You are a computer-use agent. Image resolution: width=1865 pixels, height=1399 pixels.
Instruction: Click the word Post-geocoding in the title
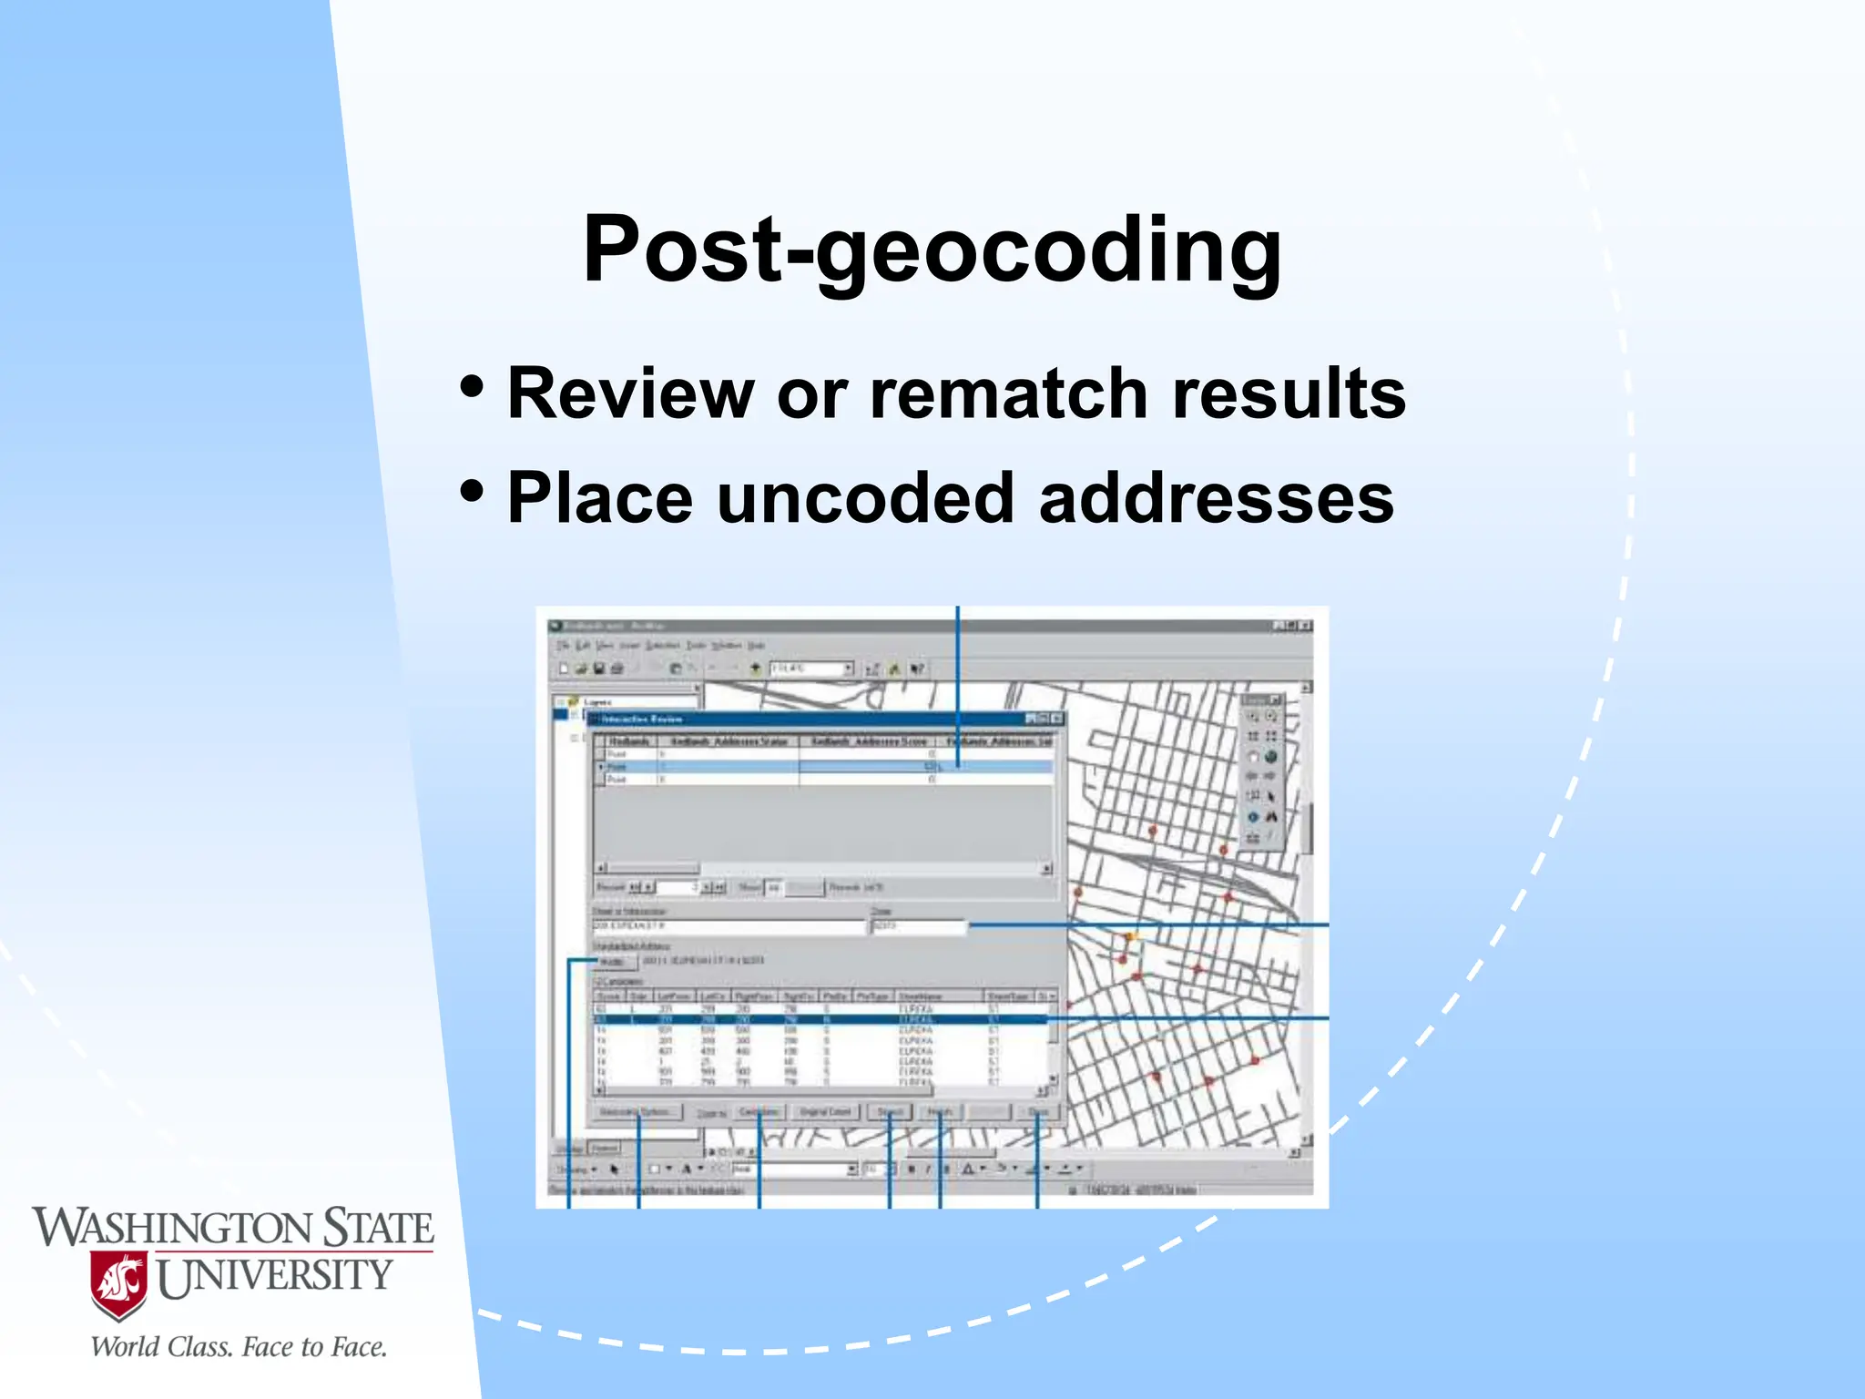click(932, 248)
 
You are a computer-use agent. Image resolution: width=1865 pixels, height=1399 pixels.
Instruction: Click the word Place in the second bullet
click(599, 498)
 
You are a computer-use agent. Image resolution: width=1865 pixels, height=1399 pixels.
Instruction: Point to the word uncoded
click(865, 498)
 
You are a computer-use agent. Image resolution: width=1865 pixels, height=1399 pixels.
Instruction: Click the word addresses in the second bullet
click(1216, 498)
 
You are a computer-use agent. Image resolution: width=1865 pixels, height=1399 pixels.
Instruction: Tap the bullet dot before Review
click(472, 386)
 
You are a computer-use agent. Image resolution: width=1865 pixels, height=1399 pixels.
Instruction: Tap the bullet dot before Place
click(472, 491)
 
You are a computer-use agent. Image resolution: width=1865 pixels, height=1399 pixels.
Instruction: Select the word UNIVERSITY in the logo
click(275, 1276)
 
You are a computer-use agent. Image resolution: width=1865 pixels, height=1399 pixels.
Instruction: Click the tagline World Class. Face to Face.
click(239, 1347)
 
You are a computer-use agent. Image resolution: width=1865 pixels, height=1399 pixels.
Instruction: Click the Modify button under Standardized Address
click(613, 962)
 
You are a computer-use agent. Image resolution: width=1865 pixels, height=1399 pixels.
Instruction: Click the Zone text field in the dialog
click(918, 926)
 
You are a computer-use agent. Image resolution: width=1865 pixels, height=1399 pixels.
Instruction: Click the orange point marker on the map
click(1131, 936)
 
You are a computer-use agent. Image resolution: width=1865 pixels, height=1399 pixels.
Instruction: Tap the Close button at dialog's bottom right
click(1038, 1112)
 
